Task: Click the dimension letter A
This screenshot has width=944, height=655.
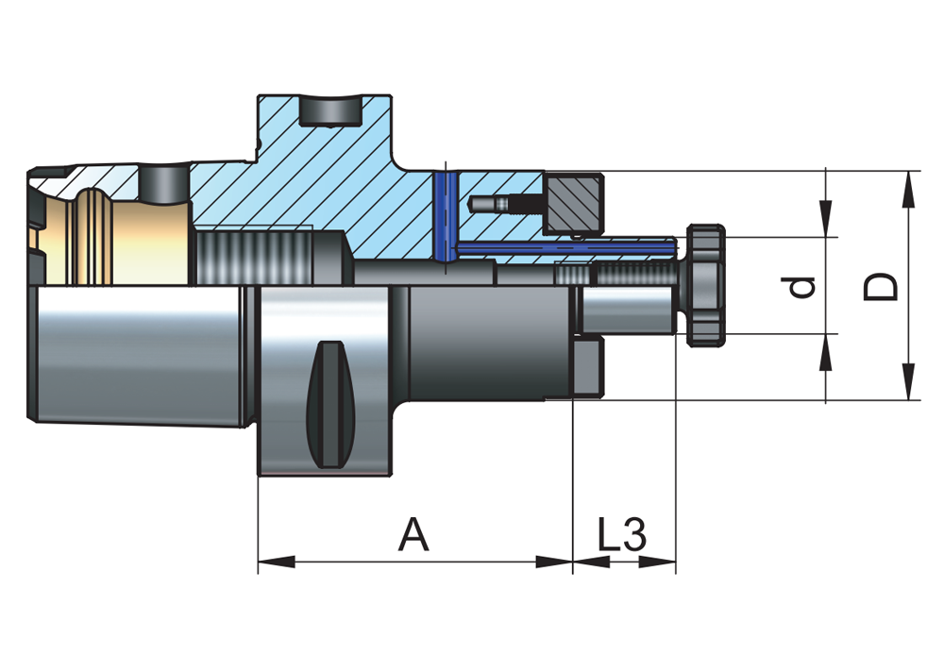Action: (x=413, y=535)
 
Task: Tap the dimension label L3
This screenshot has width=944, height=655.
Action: (x=622, y=535)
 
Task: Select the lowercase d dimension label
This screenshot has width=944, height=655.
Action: (x=802, y=286)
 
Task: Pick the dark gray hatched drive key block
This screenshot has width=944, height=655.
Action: (x=572, y=201)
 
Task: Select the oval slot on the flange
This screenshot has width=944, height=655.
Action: (x=331, y=404)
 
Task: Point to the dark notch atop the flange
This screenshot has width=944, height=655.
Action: (x=329, y=110)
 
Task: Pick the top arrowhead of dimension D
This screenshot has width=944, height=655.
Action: (x=908, y=188)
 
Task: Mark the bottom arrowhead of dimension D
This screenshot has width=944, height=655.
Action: (x=908, y=383)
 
